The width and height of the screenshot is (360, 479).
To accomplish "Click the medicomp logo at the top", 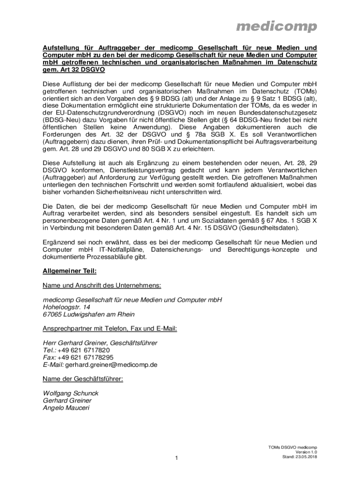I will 276,27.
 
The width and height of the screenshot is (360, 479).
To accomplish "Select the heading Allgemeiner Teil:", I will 70,271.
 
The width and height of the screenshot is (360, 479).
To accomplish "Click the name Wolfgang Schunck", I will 70,393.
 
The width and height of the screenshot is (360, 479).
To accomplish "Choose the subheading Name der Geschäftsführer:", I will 83,379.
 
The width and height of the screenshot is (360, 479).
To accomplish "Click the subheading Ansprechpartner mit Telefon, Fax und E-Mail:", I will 110,328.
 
